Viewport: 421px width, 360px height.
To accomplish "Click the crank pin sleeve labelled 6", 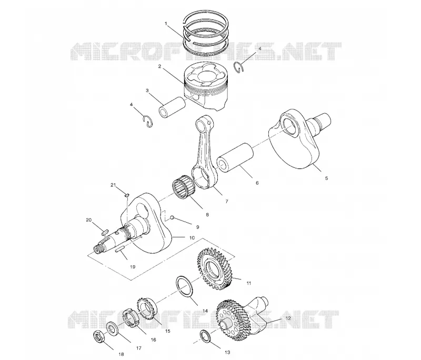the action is click(x=236, y=158).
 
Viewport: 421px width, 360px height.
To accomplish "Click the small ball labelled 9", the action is click(x=173, y=217).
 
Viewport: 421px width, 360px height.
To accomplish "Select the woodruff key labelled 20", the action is click(x=105, y=232).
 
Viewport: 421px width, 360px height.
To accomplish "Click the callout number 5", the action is click(x=326, y=178).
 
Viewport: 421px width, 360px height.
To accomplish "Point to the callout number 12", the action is click(x=288, y=318).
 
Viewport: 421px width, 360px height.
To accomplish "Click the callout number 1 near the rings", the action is click(x=166, y=24).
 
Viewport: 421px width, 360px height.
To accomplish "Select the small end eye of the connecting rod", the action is click(x=203, y=124).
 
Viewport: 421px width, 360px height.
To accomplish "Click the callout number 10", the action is click(x=192, y=238).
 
